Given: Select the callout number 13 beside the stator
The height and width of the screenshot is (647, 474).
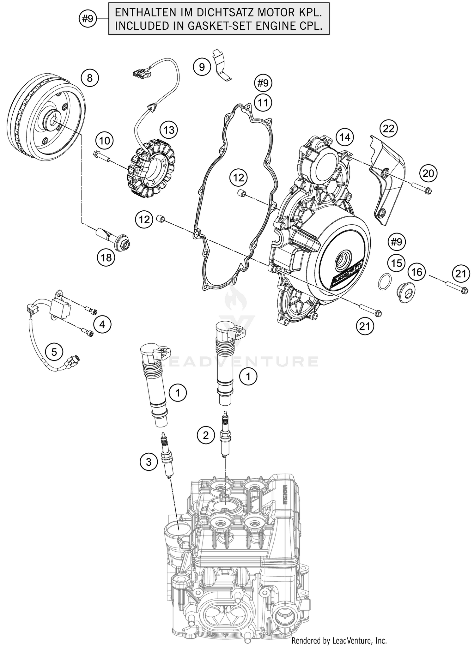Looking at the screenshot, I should click(169, 130).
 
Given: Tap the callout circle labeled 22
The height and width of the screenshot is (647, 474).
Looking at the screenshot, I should click(389, 129).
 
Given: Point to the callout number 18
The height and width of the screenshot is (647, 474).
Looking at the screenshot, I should click(106, 258).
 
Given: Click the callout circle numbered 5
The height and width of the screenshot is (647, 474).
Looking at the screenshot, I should click(54, 352).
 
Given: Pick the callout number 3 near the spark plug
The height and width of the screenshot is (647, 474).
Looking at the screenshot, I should click(149, 462).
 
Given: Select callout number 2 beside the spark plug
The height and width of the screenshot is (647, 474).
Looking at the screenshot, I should click(206, 436).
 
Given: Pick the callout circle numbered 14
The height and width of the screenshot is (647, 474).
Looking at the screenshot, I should click(345, 137).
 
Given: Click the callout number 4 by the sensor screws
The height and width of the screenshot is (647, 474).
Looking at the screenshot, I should click(102, 324).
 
